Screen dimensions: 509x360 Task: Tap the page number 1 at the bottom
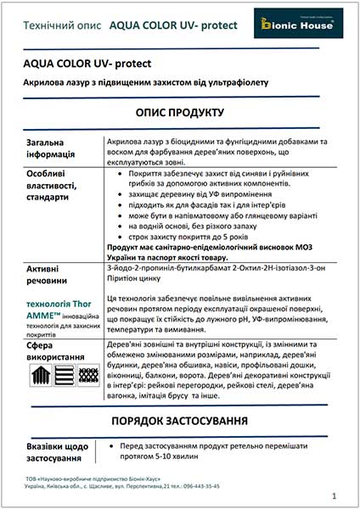point(335,495)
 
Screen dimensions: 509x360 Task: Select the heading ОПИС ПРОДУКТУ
point(179,113)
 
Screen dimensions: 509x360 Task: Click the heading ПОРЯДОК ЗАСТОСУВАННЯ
point(179,420)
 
